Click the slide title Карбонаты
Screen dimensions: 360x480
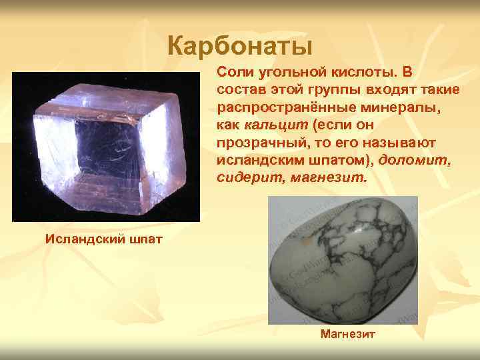coord(239,47)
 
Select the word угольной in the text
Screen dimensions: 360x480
coord(286,71)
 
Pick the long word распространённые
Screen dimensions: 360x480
coord(278,107)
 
